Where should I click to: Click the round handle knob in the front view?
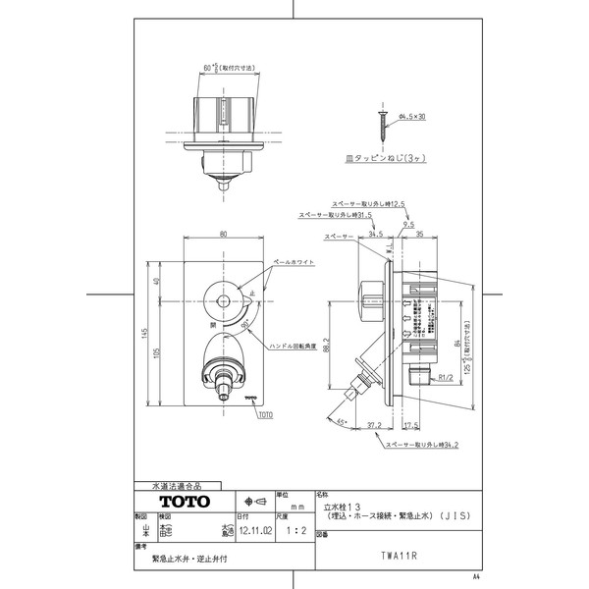[x=223, y=301]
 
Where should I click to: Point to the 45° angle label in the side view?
[x=341, y=422]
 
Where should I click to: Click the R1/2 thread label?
[x=444, y=374]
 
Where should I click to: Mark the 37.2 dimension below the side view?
[x=373, y=426]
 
